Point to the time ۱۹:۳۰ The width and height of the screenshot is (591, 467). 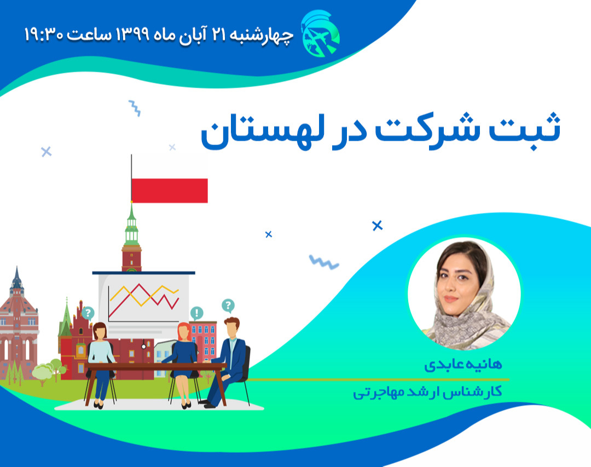click(44, 34)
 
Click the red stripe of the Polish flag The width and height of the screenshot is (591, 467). click(170, 190)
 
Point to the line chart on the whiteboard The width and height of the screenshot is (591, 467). click(144, 298)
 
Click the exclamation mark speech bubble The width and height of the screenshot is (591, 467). click(196, 313)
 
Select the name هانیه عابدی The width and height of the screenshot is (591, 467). click(463, 365)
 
